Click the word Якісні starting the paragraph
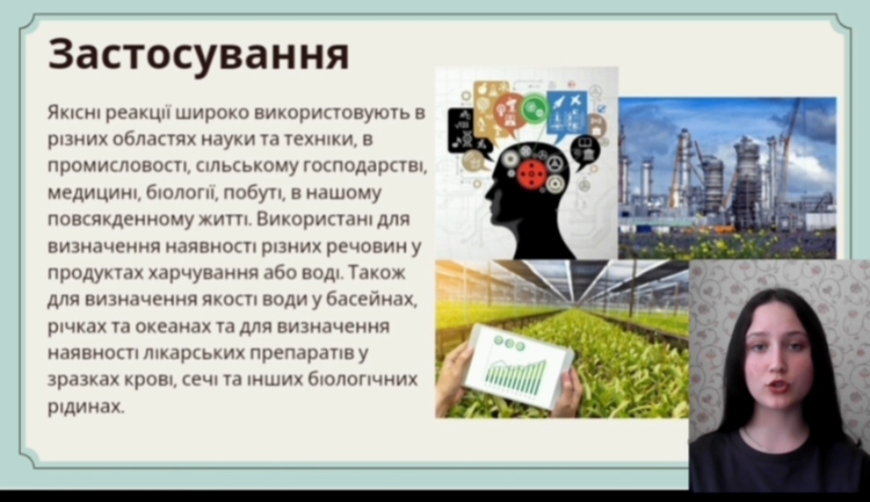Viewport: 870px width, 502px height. [74, 112]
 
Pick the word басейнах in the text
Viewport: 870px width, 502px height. [371, 299]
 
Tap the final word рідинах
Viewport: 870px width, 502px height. [86, 407]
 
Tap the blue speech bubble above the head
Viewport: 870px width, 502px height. [567, 114]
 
